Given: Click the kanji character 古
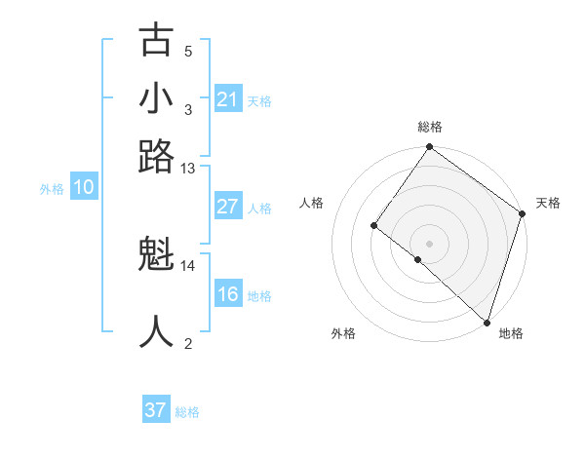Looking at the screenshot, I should click(x=157, y=41).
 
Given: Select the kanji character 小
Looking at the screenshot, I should click(x=157, y=98).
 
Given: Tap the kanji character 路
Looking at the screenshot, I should click(x=157, y=156).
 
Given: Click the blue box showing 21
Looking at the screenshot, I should click(x=228, y=99).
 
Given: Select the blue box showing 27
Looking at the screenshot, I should click(x=228, y=208).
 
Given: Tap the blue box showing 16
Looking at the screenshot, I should click(x=228, y=294).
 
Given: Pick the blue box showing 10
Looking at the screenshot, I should click(x=84, y=188).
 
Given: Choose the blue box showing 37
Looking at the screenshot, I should click(x=156, y=410).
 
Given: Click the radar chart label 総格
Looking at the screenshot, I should click(x=429, y=127).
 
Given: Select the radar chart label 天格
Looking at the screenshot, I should click(x=548, y=203).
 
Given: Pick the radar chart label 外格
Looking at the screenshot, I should click(x=343, y=333).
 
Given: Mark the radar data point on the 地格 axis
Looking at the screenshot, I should click(x=487, y=322).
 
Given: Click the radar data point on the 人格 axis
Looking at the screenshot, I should click(x=373, y=225).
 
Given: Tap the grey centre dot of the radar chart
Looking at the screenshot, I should click(x=429, y=243).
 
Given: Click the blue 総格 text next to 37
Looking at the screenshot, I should click(x=187, y=412).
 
